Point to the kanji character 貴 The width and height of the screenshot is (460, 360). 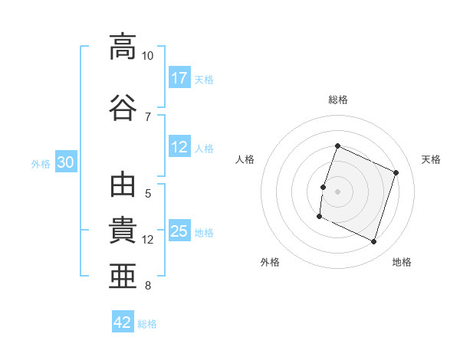(122, 231)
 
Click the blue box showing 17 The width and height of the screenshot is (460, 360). (179, 78)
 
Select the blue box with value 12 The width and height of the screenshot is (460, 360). (179, 148)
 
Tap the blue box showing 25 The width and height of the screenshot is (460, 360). (179, 232)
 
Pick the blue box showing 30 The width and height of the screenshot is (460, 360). (66, 163)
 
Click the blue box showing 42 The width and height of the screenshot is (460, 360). (123, 322)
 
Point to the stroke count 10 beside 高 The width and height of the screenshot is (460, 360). (148, 56)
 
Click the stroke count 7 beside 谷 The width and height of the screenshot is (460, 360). (148, 116)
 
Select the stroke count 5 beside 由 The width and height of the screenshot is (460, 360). (148, 194)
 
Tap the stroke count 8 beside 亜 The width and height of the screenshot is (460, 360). (148, 286)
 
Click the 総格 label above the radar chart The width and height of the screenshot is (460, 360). (338, 100)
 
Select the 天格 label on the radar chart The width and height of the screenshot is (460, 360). (431, 159)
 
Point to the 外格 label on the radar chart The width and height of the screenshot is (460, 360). (270, 262)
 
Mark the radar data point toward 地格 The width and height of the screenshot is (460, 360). (374, 242)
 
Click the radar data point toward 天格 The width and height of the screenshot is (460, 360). (396, 172)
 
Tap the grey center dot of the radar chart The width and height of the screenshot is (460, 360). (337, 191)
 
